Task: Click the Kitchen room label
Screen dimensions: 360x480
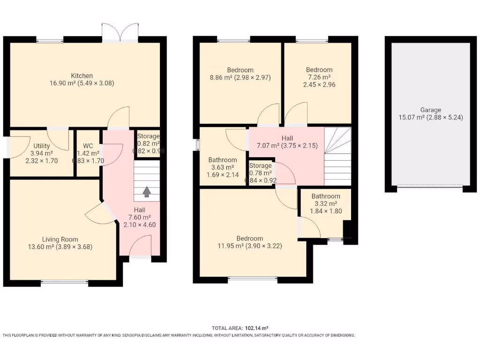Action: point(82,75)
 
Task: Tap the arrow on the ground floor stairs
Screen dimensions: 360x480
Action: point(147,191)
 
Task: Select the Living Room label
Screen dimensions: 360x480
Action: point(60,239)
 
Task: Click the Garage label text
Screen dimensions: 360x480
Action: point(430,110)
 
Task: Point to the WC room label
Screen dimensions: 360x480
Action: point(88,146)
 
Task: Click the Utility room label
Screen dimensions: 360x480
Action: point(41,146)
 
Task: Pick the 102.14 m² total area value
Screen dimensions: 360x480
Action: point(256,329)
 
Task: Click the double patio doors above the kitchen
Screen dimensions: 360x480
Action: point(120,32)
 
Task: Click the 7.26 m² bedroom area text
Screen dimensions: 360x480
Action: point(319,77)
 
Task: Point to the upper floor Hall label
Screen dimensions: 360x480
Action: point(287,138)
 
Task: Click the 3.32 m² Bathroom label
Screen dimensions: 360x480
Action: point(326,196)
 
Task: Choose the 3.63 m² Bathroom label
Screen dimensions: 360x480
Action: point(223,160)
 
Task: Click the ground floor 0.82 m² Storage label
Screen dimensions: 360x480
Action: point(148,136)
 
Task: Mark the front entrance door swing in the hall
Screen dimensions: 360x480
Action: point(140,246)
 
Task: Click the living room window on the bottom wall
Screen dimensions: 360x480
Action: point(64,282)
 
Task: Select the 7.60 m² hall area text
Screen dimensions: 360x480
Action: point(140,217)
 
